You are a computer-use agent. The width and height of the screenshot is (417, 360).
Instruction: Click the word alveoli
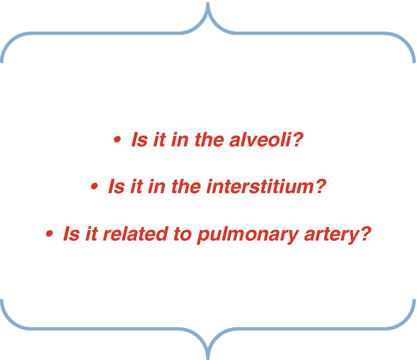tap(261, 139)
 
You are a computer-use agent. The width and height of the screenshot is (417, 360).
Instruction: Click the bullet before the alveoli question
tap(117, 139)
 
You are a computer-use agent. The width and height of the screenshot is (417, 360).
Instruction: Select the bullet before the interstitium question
tap(94, 186)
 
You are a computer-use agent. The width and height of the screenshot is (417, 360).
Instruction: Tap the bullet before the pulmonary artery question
tap(49, 234)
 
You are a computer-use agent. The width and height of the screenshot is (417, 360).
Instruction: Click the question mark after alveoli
tap(298, 139)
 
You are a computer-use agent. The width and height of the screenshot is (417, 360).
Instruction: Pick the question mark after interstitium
tap(320, 186)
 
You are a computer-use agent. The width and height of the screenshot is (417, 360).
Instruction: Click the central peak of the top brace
tap(208, 4)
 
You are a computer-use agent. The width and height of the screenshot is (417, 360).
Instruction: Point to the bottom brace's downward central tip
tap(208, 357)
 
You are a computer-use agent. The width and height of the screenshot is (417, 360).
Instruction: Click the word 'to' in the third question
tap(183, 234)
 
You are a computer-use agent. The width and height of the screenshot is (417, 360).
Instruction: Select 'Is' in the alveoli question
tap(139, 139)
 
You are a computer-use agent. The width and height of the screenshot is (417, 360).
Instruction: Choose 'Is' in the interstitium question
tap(116, 186)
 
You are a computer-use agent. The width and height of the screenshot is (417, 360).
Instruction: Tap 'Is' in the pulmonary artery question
tap(71, 234)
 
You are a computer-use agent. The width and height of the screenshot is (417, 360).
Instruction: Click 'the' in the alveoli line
tap(210, 139)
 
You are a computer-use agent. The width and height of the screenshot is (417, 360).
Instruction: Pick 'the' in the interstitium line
tap(186, 186)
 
